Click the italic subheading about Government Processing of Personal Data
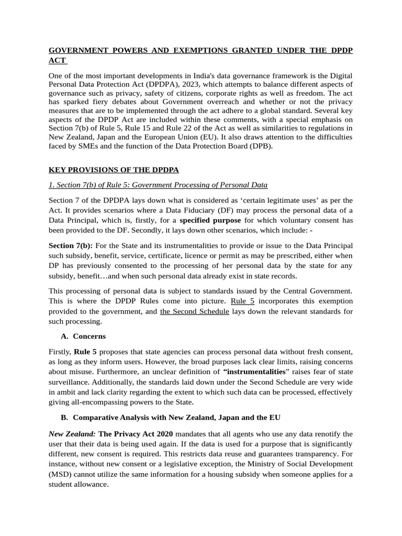[x=158, y=185]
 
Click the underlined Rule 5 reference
[x=242, y=301]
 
